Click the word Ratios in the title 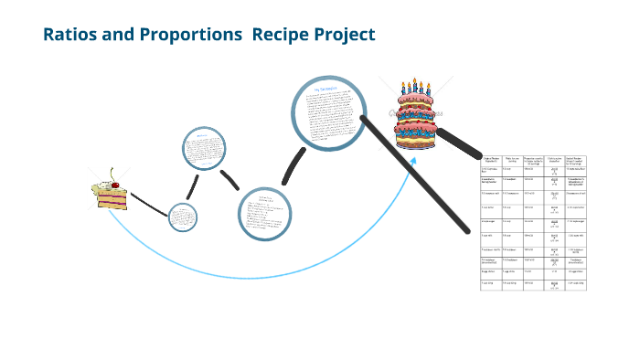[x=72, y=35]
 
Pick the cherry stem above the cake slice [x=112, y=171]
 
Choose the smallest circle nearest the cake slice [x=183, y=218]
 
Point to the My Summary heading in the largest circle [x=325, y=90]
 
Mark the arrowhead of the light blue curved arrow [x=413, y=161]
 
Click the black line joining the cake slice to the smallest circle [x=149, y=204]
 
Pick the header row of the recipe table [x=535, y=159]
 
